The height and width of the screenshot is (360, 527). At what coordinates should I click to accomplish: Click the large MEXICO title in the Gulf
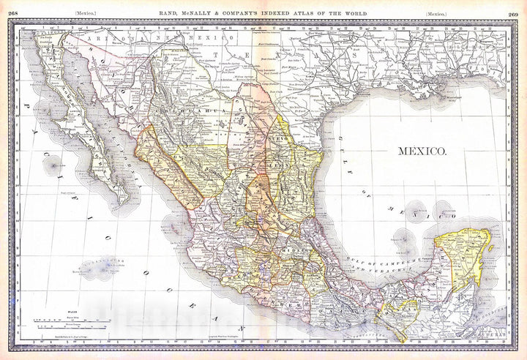422,151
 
